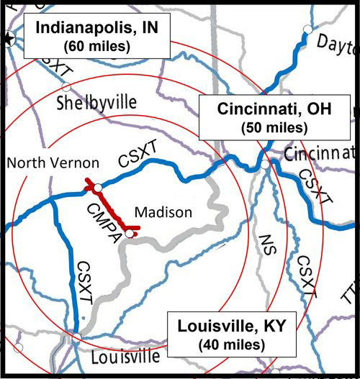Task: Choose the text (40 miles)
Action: (232, 344)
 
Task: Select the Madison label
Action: (163, 212)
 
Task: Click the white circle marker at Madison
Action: (128, 233)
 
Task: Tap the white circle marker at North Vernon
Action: (98, 187)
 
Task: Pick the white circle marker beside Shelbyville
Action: (66, 87)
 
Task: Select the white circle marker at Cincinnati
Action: (265, 165)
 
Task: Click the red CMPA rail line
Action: (112, 209)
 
